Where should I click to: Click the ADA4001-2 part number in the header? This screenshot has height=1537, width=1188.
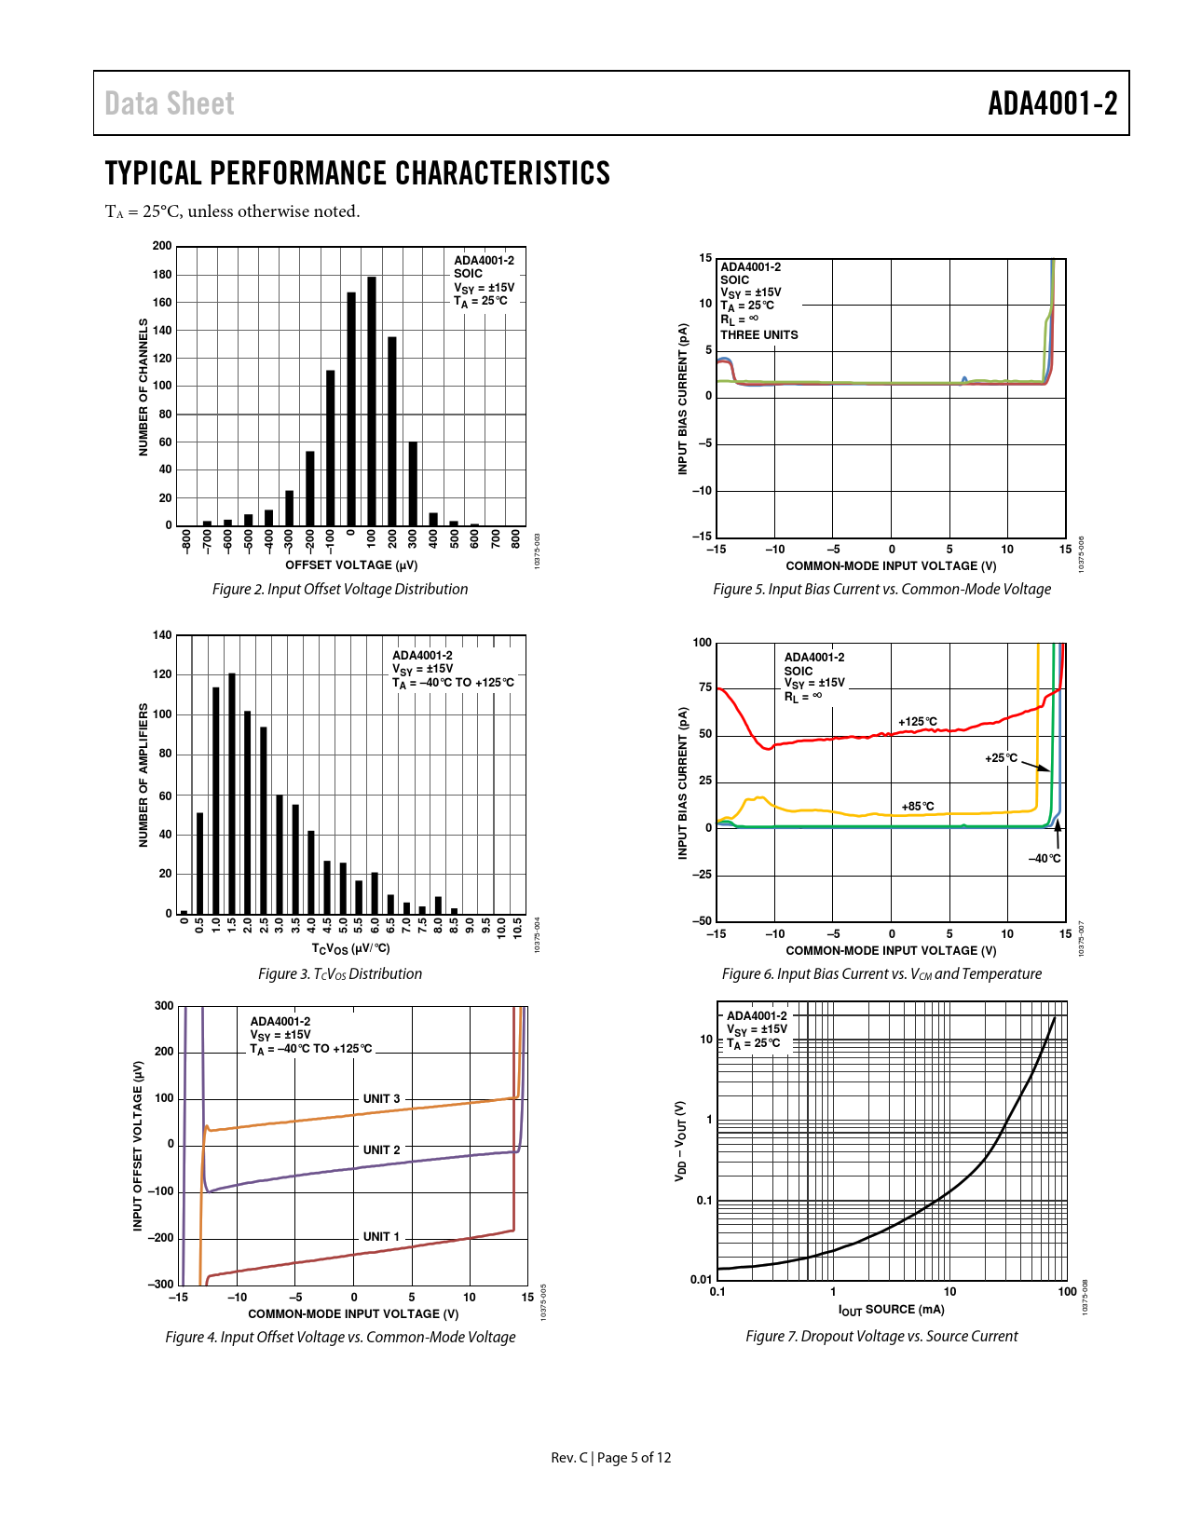point(1052,103)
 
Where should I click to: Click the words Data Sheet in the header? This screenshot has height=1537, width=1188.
point(170,103)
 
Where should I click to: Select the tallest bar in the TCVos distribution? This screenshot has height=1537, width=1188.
point(232,792)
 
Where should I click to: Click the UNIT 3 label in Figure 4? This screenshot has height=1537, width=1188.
point(381,1099)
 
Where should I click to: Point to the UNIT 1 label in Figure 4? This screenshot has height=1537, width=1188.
point(381,1237)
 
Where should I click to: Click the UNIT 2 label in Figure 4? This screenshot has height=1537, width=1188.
point(381,1150)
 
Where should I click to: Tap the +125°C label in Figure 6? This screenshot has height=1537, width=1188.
point(918,722)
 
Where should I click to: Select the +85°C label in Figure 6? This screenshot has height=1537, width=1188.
point(918,807)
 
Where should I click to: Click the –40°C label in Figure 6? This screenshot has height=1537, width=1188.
point(1045,859)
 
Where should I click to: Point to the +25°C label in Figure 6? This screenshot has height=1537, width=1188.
point(1002,758)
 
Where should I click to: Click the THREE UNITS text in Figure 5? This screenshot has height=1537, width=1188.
point(759,335)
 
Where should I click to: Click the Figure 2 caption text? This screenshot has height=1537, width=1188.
point(340,590)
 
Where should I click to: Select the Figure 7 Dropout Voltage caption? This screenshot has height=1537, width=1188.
point(881,1337)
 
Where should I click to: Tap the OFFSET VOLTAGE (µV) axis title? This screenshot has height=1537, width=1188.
point(351,565)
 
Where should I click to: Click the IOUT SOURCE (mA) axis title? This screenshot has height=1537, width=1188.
point(892,1310)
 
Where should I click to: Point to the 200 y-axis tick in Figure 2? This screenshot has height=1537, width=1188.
point(162,246)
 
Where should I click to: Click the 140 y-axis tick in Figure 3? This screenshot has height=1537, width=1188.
point(162,635)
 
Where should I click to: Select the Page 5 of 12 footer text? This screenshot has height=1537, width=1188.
point(634,1458)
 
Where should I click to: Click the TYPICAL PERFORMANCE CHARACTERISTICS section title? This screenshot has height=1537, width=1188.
point(358,174)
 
